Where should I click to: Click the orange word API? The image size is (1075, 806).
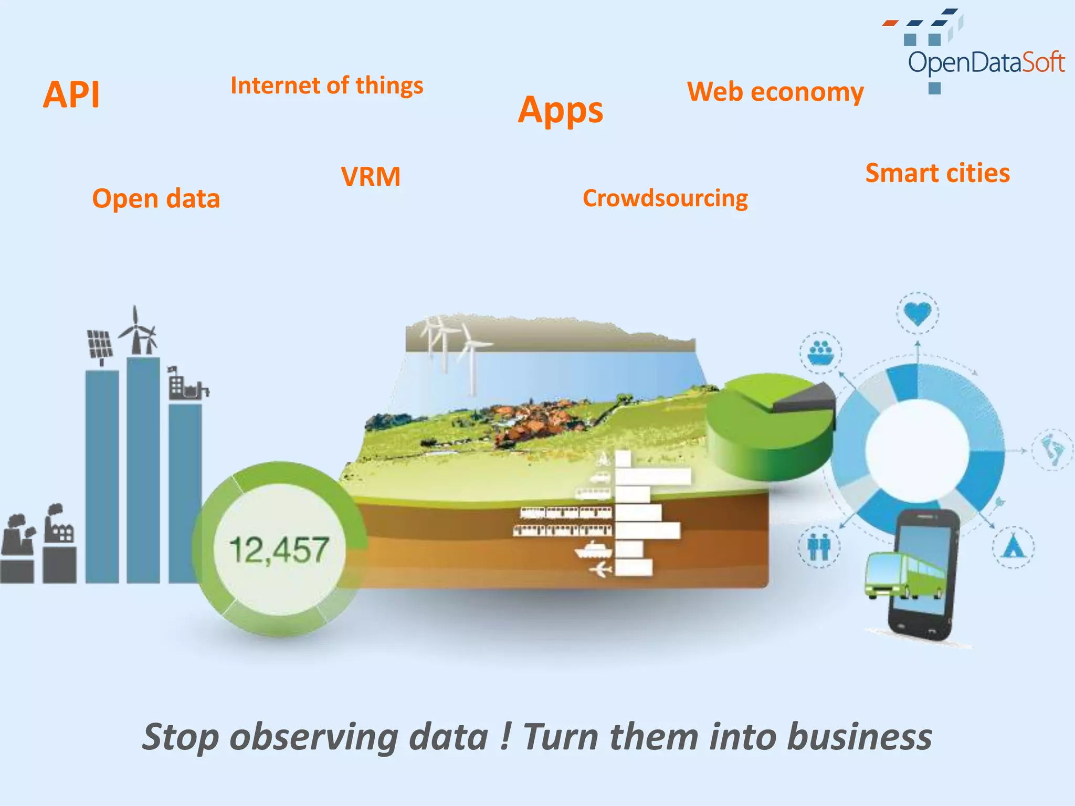point(71,95)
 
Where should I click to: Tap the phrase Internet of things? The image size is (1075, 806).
point(326,86)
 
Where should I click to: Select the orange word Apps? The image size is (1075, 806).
point(561,110)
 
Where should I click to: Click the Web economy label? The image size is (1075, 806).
point(775,92)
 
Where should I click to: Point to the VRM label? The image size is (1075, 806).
point(371,176)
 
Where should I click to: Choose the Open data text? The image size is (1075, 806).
point(156,199)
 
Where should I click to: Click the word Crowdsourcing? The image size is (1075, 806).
point(665,198)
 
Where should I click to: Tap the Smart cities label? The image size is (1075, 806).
point(937,173)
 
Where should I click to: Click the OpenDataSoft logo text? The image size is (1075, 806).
point(986,62)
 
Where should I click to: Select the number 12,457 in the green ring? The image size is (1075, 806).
point(279,550)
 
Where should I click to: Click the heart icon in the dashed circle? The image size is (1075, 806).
point(918,313)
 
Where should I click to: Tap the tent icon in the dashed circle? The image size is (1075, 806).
point(1013,547)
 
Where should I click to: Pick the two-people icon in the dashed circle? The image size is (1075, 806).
point(819,547)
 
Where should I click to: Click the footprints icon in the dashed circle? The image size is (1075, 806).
point(1052,450)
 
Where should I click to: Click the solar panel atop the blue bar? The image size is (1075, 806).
point(100,344)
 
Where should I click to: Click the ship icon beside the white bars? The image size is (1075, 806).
point(594,549)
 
